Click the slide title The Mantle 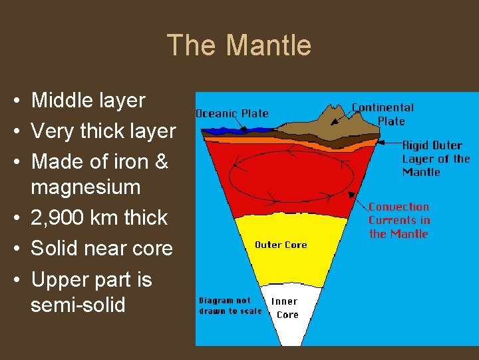(239, 45)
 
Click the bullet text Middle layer (88, 101)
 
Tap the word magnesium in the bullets (85, 187)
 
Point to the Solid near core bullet (102, 249)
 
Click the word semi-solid (78, 305)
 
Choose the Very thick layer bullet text (103, 131)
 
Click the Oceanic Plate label (232, 113)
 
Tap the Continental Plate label (383, 114)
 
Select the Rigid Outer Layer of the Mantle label (436, 159)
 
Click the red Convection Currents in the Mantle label (399, 220)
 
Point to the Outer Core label (281, 245)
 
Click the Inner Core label (287, 308)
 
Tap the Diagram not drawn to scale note (230, 305)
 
